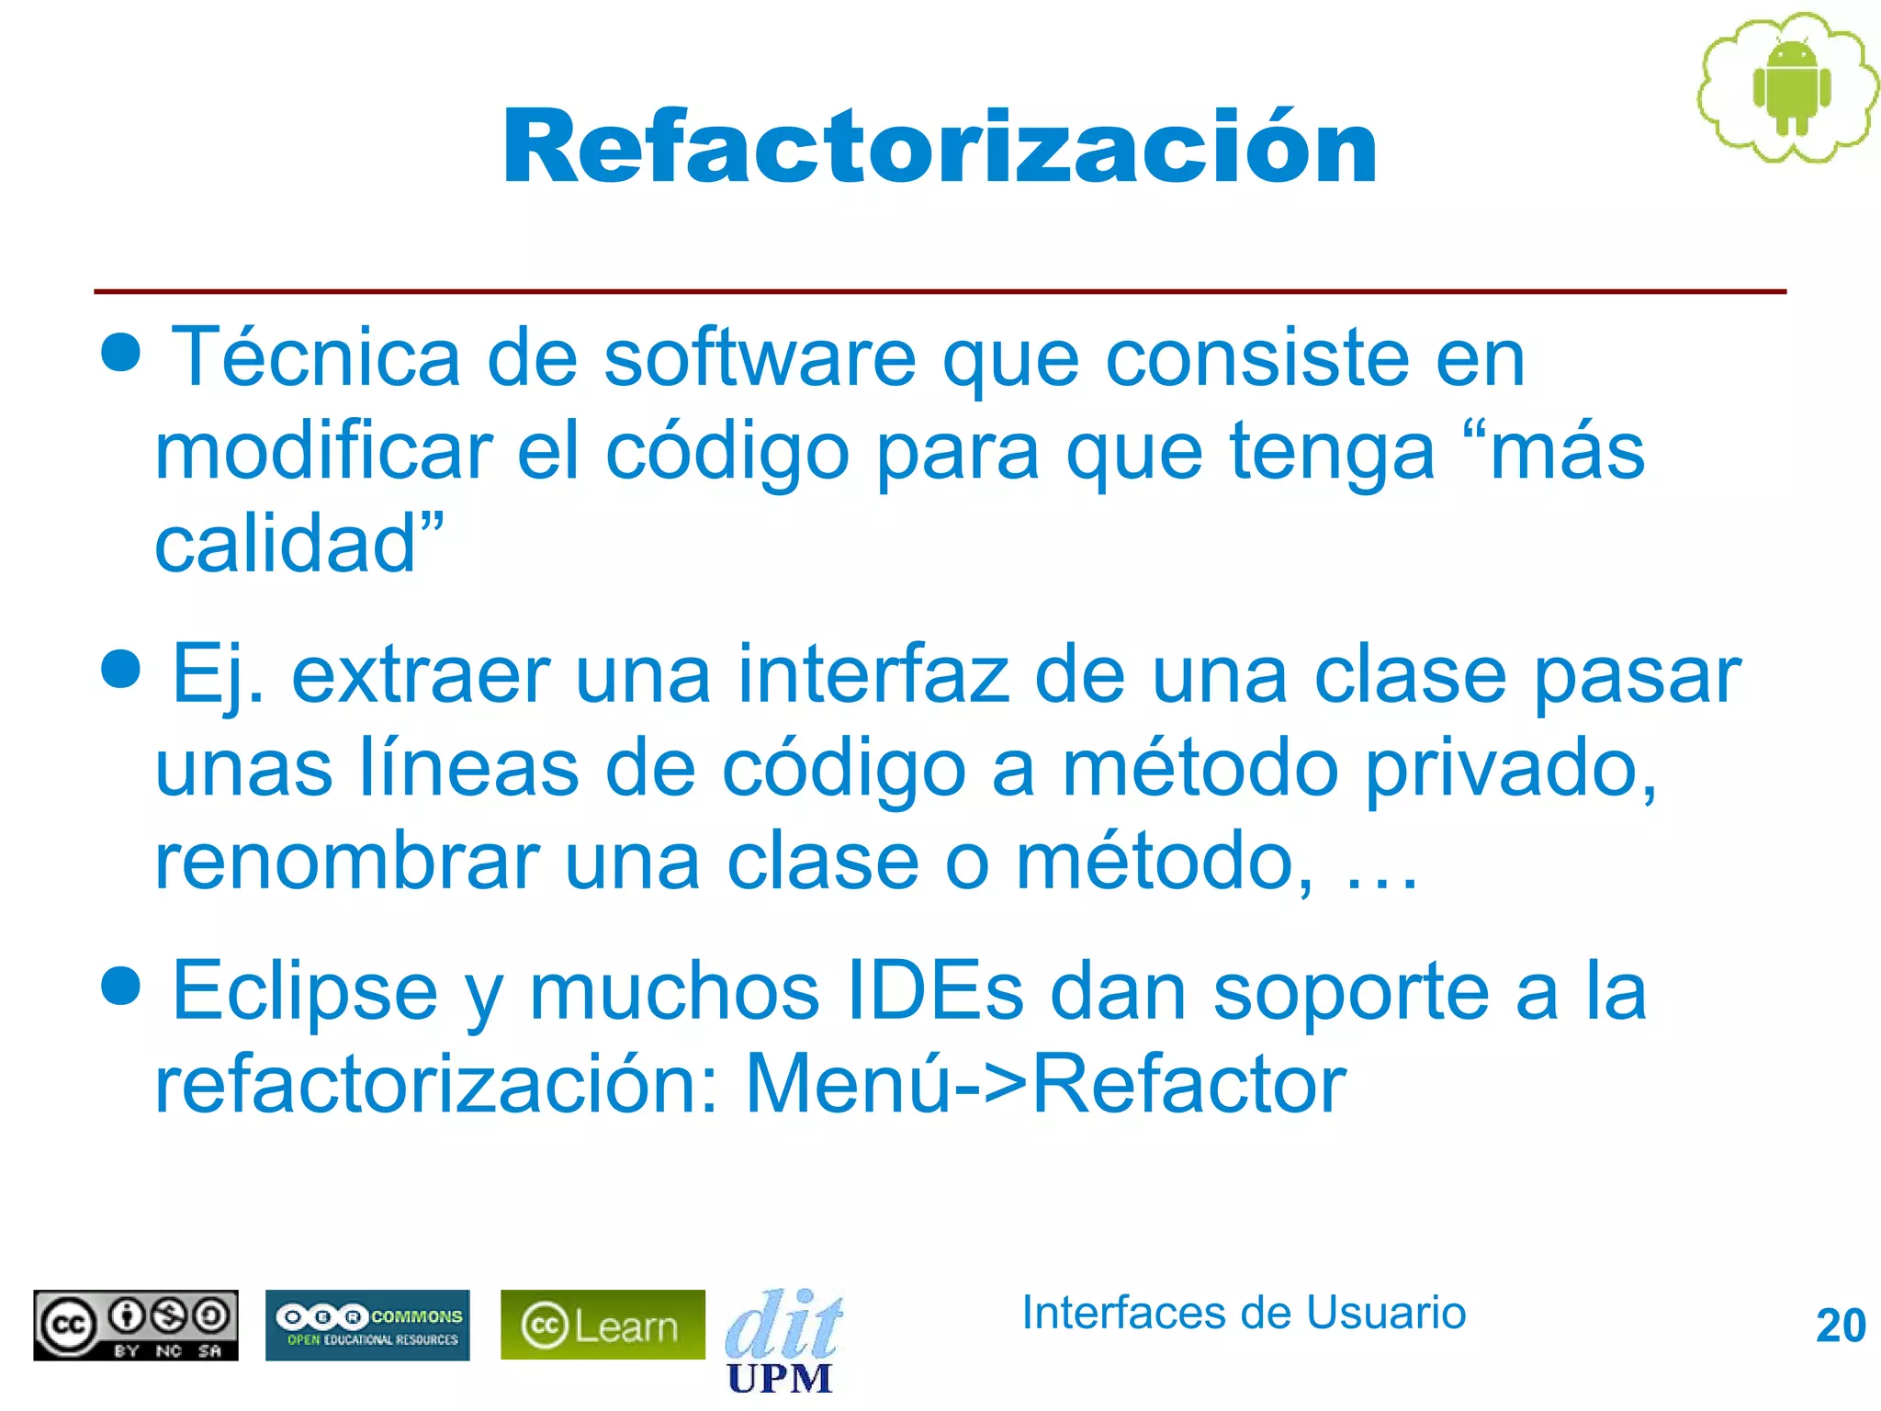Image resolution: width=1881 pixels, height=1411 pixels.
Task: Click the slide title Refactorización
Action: [x=939, y=147]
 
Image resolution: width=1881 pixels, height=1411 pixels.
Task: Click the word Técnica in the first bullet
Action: [x=316, y=357]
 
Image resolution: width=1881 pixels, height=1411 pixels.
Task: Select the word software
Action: [x=759, y=357]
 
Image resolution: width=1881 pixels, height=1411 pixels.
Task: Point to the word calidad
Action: [x=286, y=544]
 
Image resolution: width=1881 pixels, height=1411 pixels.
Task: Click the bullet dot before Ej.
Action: [x=121, y=668]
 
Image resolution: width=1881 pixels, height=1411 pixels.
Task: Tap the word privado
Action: [x=1510, y=770]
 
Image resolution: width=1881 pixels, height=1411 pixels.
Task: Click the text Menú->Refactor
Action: [x=1045, y=1085]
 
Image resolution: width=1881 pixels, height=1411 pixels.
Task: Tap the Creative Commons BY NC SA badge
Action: [x=136, y=1325]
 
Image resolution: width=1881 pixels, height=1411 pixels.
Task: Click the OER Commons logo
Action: [x=367, y=1325]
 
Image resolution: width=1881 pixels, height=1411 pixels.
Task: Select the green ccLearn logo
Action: [x=603, y=1325]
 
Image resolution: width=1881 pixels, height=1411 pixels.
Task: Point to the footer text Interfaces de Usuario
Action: [x=1244, y=1313]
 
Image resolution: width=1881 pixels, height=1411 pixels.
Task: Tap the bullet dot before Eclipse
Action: [x=121, y=985]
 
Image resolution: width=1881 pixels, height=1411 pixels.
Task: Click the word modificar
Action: [x=323, y=452]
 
